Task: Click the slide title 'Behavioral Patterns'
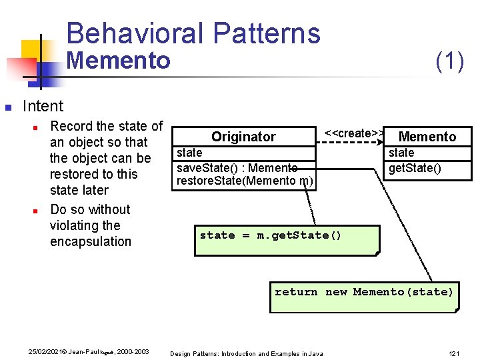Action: click(193, 33)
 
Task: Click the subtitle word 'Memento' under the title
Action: click(119, 61)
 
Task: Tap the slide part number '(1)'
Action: click(449, 61)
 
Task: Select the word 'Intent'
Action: click(43, 106)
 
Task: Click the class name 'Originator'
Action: click(243, 137)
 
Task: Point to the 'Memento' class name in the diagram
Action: click(427, 137)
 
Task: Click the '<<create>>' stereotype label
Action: click(353, 133)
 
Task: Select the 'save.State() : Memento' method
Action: click(237, 167)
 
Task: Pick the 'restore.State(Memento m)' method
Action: click(245, 180)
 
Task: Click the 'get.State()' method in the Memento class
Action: click(415, 167)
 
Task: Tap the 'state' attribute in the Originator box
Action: click(189, 153)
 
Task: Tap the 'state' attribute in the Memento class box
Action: click(401, 153)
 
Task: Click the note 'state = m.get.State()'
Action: click(271, 235)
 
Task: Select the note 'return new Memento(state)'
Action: click(364, 292)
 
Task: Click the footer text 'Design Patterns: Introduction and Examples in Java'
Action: click(247, 353)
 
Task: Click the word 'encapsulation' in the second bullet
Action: click(91, 241)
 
